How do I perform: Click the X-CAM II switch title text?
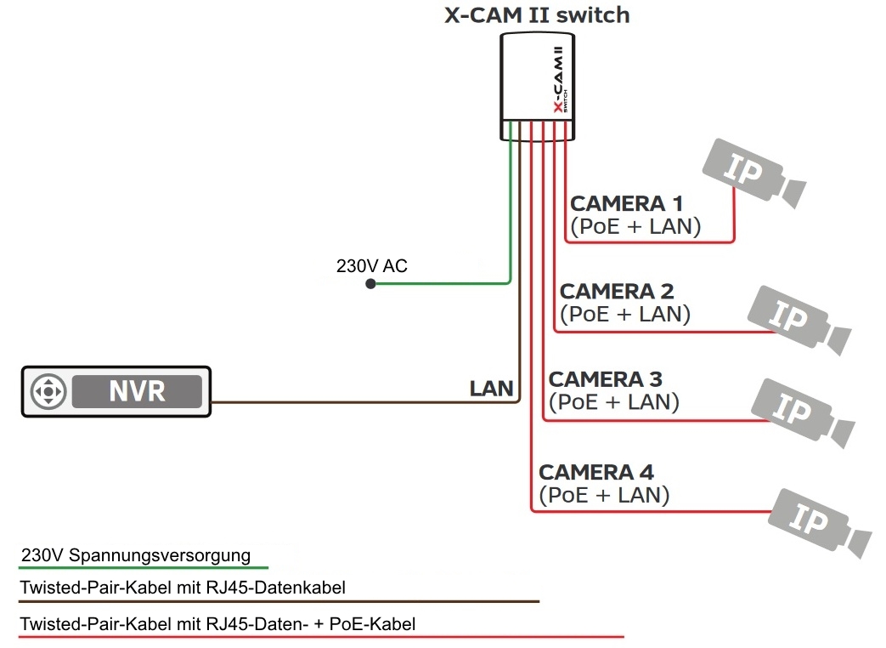[x=537, y=15]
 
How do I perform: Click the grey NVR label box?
[x=137, y=391]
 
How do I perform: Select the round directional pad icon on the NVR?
[x=48, y=392]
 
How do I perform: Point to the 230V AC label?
[x=371, y=266]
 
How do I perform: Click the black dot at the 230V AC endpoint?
[x=370, y=284]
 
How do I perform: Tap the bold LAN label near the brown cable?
[x=492, y=389]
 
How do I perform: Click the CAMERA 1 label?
[x=627, y=204]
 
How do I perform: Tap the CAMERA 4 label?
[x=596, y=472]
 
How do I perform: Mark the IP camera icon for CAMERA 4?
[x=815, y=520]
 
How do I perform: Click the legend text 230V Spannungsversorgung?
[x=136, y=556]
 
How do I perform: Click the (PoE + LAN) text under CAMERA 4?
[x=604, y=495]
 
